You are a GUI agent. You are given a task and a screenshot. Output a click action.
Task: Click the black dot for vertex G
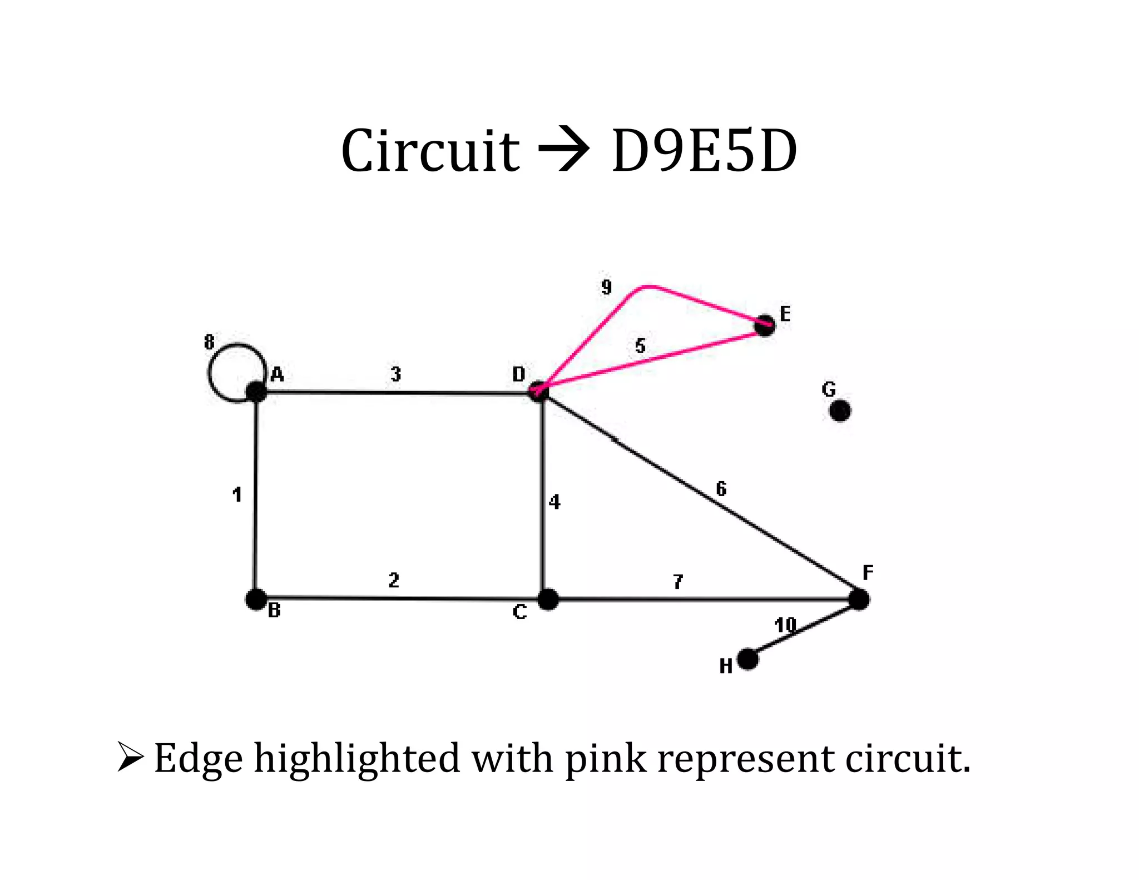[840, 411]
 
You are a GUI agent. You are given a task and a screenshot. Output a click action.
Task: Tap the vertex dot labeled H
[748, 659]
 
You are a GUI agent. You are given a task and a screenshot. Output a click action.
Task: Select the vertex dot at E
[765, 325]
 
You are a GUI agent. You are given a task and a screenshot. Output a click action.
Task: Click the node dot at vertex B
[256, 599]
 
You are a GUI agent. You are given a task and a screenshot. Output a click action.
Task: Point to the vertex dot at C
[548, 600]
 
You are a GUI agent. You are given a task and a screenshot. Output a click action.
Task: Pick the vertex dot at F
[859, 600]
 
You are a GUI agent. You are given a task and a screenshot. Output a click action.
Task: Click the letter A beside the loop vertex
[277, 375]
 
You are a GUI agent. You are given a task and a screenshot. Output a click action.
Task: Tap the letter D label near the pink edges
[519, 374]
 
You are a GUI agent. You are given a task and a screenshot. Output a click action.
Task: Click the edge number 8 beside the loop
[209, 342]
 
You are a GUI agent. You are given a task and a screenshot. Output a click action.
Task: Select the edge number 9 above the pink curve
[606, 287]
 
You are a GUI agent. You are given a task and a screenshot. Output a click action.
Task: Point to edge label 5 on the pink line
[640, 346]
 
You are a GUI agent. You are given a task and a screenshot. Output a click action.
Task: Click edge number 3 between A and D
[395, 374]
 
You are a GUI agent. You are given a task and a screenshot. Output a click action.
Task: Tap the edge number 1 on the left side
[237, 495]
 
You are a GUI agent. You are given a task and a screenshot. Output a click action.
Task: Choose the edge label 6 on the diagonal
[721, 489]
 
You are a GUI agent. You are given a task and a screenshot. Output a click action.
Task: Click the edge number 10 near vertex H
[785, 625]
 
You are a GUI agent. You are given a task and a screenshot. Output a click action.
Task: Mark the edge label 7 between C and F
[678, 582]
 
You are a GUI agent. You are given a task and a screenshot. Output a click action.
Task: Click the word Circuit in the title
[430, 151]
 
